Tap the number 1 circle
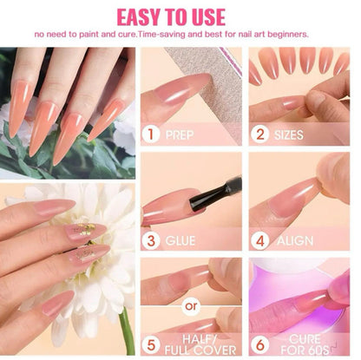153,135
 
